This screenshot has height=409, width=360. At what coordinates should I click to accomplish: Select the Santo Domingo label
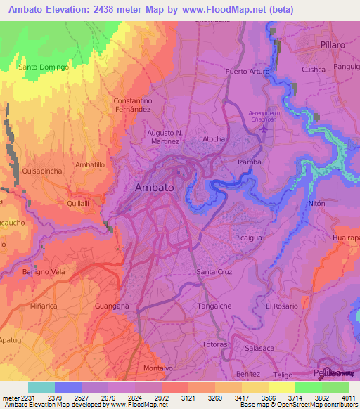click(43, 67)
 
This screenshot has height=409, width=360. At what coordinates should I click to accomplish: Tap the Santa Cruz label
click(214, 271)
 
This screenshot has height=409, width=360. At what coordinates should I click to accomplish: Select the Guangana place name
click(112, 306)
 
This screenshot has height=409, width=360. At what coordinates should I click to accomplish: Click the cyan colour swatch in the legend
click(41, 387)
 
